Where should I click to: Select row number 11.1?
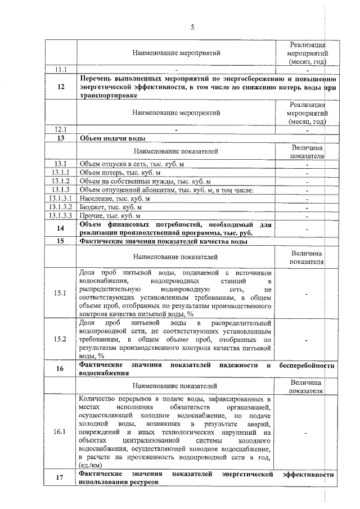pyautogui.click(x=61, y=70)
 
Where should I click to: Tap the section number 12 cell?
pyautogui.click(x=61, y=87)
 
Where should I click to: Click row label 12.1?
pyautogui.click(x=61, y=129)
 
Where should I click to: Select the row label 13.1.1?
pyautogui.click(x=61, y=172)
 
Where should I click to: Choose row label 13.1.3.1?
pyautogui.click(x=61, y=199)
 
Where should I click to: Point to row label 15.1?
pyautogui.click(x=61, y=294)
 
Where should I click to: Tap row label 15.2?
pyautogui.click(x=61, y=340)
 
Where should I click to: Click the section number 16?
pyautogui.click(x=61, y=369)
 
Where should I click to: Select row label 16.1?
pyautogui.click(x=61, y=432)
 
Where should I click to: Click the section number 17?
pyautogui.click(x=61, y=479)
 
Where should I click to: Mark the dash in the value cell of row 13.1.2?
pyautogui.click(x=307, y=181)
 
